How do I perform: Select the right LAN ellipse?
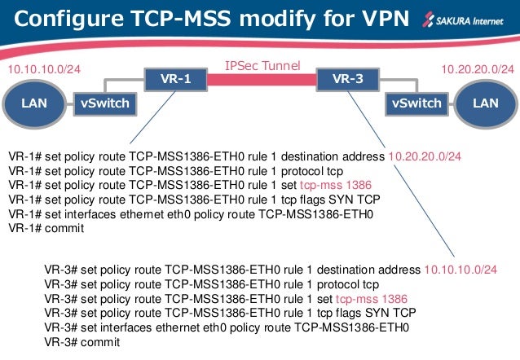(x=485, y=103)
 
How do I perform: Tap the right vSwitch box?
(x=416, y=103)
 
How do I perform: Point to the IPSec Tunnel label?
(x=262, y=65)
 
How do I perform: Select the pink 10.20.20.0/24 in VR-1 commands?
(x=435, y=156)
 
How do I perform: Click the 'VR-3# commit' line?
(x=82, y=343)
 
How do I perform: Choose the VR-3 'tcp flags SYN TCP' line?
(x=231, y=314)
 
